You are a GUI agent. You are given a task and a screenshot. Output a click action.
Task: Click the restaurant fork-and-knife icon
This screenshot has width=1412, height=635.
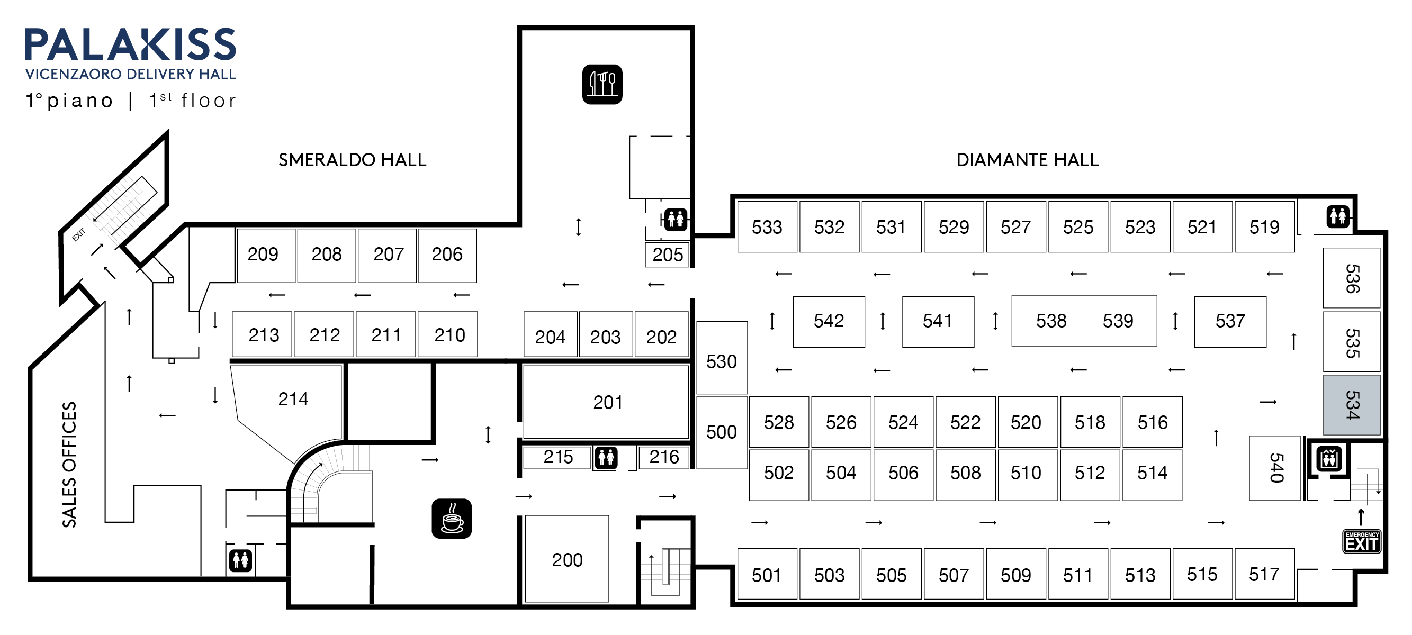click(602, 84)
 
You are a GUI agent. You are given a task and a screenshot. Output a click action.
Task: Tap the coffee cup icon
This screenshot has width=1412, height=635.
click(452, 518)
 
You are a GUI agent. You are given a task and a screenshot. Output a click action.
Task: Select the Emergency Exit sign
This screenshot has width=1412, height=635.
click(1361, 541)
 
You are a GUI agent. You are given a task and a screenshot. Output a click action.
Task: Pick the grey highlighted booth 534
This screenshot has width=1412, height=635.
click(1351, 405)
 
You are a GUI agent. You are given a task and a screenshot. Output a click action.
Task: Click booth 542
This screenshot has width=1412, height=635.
click(828, 322)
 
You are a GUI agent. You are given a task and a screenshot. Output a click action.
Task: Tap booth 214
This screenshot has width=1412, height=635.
click(293, 399)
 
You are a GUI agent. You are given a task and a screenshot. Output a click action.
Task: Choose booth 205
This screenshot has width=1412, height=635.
click(667, 255)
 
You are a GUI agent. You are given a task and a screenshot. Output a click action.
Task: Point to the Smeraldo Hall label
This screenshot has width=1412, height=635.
click(352, 160)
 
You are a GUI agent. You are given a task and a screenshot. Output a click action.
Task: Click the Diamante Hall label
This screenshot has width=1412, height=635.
click(1027, 160)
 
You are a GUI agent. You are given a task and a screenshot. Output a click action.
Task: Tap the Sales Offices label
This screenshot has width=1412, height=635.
click(69, 465)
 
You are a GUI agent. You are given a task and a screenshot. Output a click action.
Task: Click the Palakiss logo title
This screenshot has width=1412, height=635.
click(130, 45)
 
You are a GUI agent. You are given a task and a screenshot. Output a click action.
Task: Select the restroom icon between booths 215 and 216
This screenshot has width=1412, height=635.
click(606, 458)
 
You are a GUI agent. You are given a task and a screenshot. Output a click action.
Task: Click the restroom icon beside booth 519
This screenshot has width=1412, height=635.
click(1337, 216)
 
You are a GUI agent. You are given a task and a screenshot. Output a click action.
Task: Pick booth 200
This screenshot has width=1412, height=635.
click(567, 559)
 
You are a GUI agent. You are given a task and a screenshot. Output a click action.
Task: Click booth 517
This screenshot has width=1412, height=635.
click(1263, 574)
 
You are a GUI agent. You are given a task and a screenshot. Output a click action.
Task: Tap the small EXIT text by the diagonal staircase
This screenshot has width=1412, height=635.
click(79, 234)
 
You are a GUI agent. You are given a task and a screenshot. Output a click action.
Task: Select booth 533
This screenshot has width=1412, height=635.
click(766, 227)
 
